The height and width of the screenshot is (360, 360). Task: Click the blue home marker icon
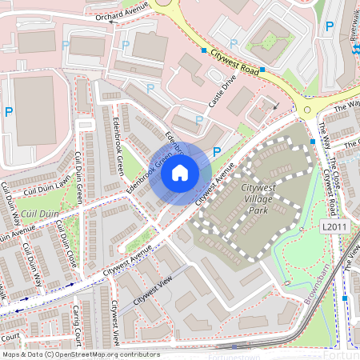click(180, 171)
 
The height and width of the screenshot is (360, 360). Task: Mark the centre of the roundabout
click(307, 110)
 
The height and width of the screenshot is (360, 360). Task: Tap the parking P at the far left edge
click(9, 112)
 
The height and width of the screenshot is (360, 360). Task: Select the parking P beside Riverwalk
click(329, 27)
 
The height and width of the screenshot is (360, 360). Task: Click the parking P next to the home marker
click(215, 151)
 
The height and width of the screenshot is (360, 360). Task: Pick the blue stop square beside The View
click(345, 298)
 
